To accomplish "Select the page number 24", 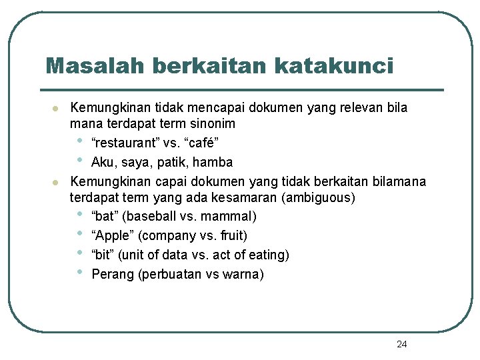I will coord(401,344).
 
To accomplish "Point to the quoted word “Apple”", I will coord(111,235).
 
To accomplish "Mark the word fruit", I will coord(231,235).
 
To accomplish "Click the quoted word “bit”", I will coord(102,255).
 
